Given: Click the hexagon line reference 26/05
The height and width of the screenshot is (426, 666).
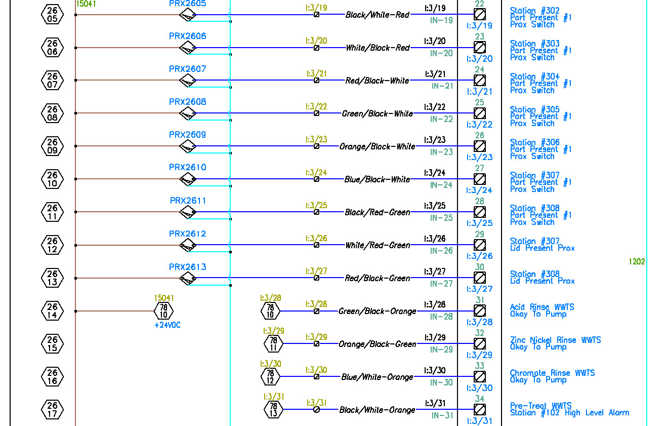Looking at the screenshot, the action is click(52, 15).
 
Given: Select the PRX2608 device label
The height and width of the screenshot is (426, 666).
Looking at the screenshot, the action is click(187, 102).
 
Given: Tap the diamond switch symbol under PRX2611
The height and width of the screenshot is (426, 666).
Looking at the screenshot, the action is click(188, 212).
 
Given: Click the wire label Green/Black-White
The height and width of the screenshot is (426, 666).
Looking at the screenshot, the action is click(377, 113).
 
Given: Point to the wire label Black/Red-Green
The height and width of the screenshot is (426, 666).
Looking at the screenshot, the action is click(377, 212).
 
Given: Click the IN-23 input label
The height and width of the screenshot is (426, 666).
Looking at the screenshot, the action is click(441, 152).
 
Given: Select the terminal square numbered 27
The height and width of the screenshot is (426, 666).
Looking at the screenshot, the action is click(479, 179).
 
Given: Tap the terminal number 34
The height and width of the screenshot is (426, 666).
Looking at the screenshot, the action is click(479, 399).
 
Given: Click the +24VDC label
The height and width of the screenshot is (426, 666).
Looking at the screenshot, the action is click(167, 325).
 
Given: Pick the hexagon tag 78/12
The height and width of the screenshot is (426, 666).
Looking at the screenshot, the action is click(270, 376).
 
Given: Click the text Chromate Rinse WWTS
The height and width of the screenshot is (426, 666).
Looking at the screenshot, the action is click(552, 373).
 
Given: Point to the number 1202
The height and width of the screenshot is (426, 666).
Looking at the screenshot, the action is click(637, 261).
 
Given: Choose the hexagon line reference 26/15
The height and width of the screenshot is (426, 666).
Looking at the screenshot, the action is click(52, 344).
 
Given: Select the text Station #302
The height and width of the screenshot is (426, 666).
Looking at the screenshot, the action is click(534, 11).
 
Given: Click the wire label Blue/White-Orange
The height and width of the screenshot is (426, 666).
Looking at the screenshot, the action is click(377, 377).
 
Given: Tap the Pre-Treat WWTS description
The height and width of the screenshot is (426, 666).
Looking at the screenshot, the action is click(540, 406).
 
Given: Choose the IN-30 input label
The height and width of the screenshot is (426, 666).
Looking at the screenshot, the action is click(441, 382).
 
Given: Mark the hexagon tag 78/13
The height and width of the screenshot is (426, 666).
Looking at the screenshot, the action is click(273, 409).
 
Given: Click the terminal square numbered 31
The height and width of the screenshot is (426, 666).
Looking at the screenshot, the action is click(479, 311).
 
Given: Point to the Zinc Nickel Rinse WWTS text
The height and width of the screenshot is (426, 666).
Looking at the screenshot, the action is click(555, 340).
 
